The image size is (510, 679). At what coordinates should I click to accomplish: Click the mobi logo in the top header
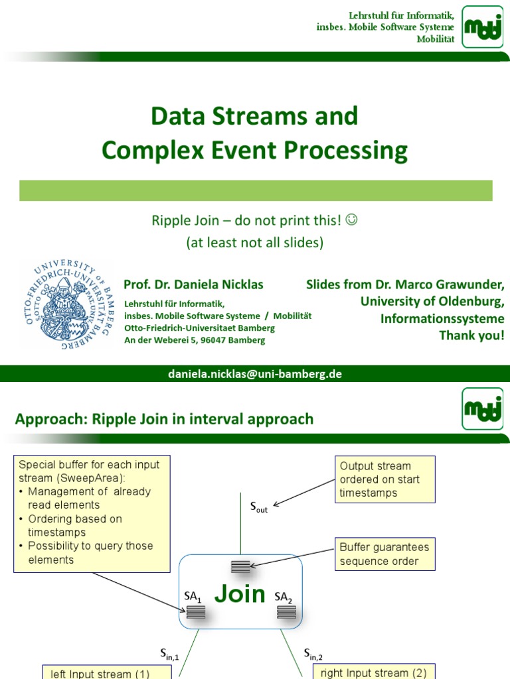482,27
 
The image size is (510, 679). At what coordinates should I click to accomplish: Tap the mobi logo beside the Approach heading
482,409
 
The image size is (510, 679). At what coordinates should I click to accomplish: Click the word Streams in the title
262,116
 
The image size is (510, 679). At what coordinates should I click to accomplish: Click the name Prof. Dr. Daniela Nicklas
193,284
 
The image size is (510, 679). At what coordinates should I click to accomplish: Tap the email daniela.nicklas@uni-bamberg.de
254,374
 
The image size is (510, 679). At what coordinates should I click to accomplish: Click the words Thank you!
471,335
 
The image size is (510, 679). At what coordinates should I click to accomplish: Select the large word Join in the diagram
240,593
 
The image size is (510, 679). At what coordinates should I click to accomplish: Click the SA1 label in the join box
193,597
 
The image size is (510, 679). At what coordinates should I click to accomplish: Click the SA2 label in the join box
284,597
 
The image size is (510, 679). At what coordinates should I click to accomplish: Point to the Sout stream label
258,508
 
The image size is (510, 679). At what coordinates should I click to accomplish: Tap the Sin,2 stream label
313,654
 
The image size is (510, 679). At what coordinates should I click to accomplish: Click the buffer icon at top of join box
240,566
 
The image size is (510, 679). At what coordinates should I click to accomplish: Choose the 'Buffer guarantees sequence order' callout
384,554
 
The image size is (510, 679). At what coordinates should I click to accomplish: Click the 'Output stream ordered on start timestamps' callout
384,479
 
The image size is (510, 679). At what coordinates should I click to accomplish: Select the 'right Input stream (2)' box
373,672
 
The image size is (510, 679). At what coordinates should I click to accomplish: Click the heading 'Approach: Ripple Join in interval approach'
164,419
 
